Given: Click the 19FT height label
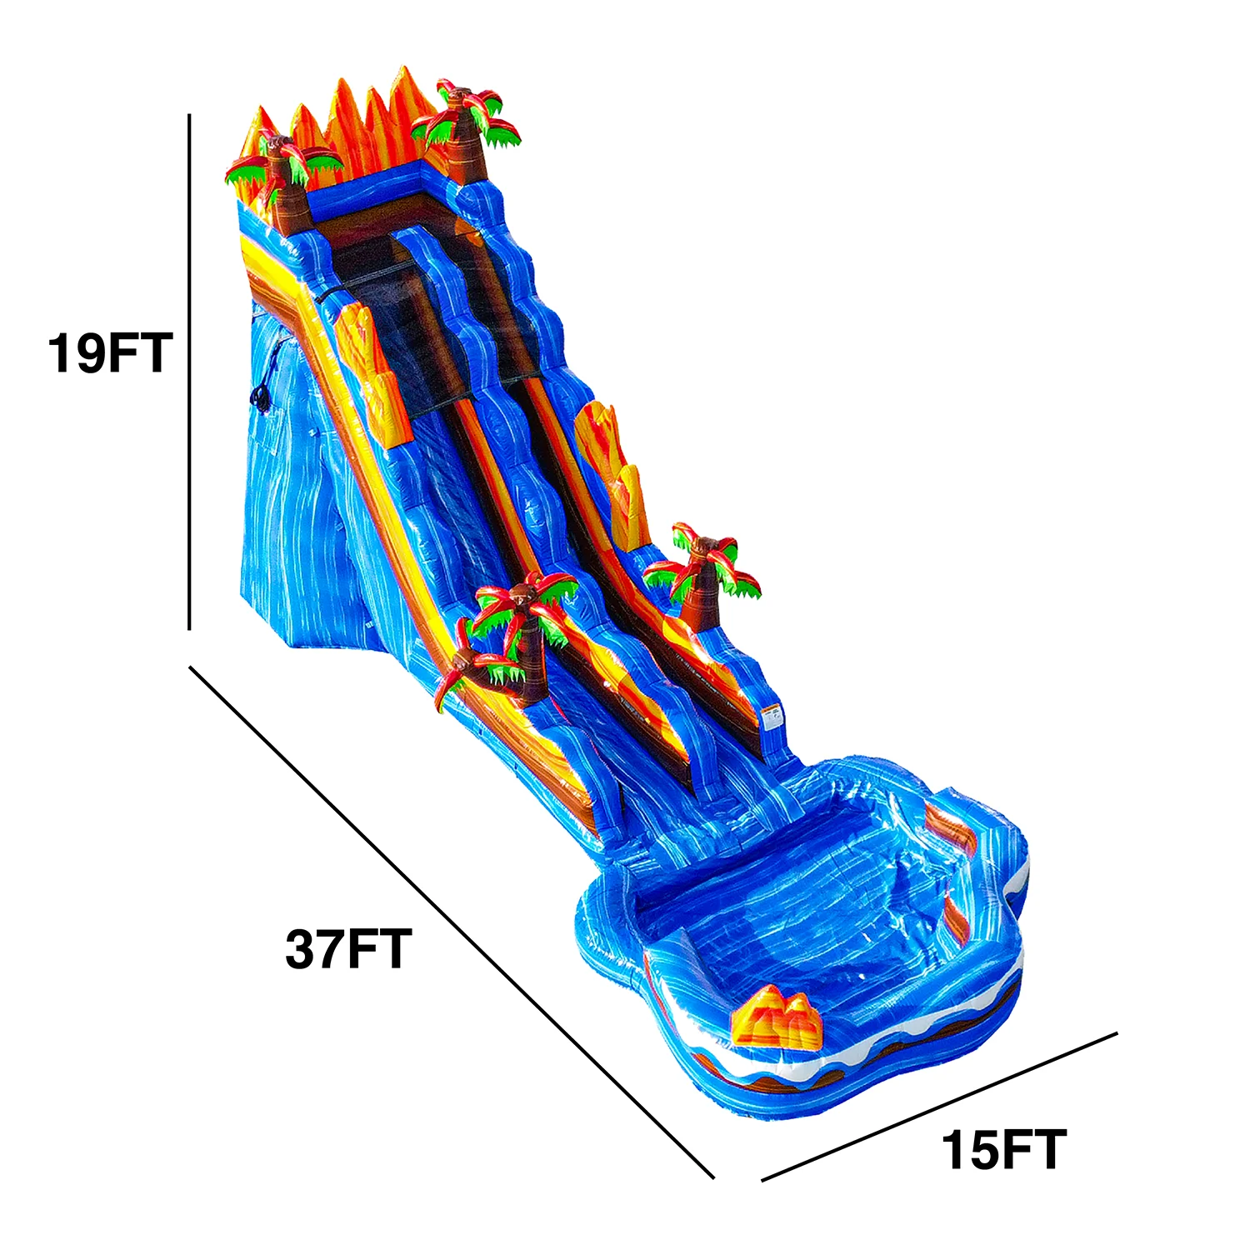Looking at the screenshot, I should (109, 352).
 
